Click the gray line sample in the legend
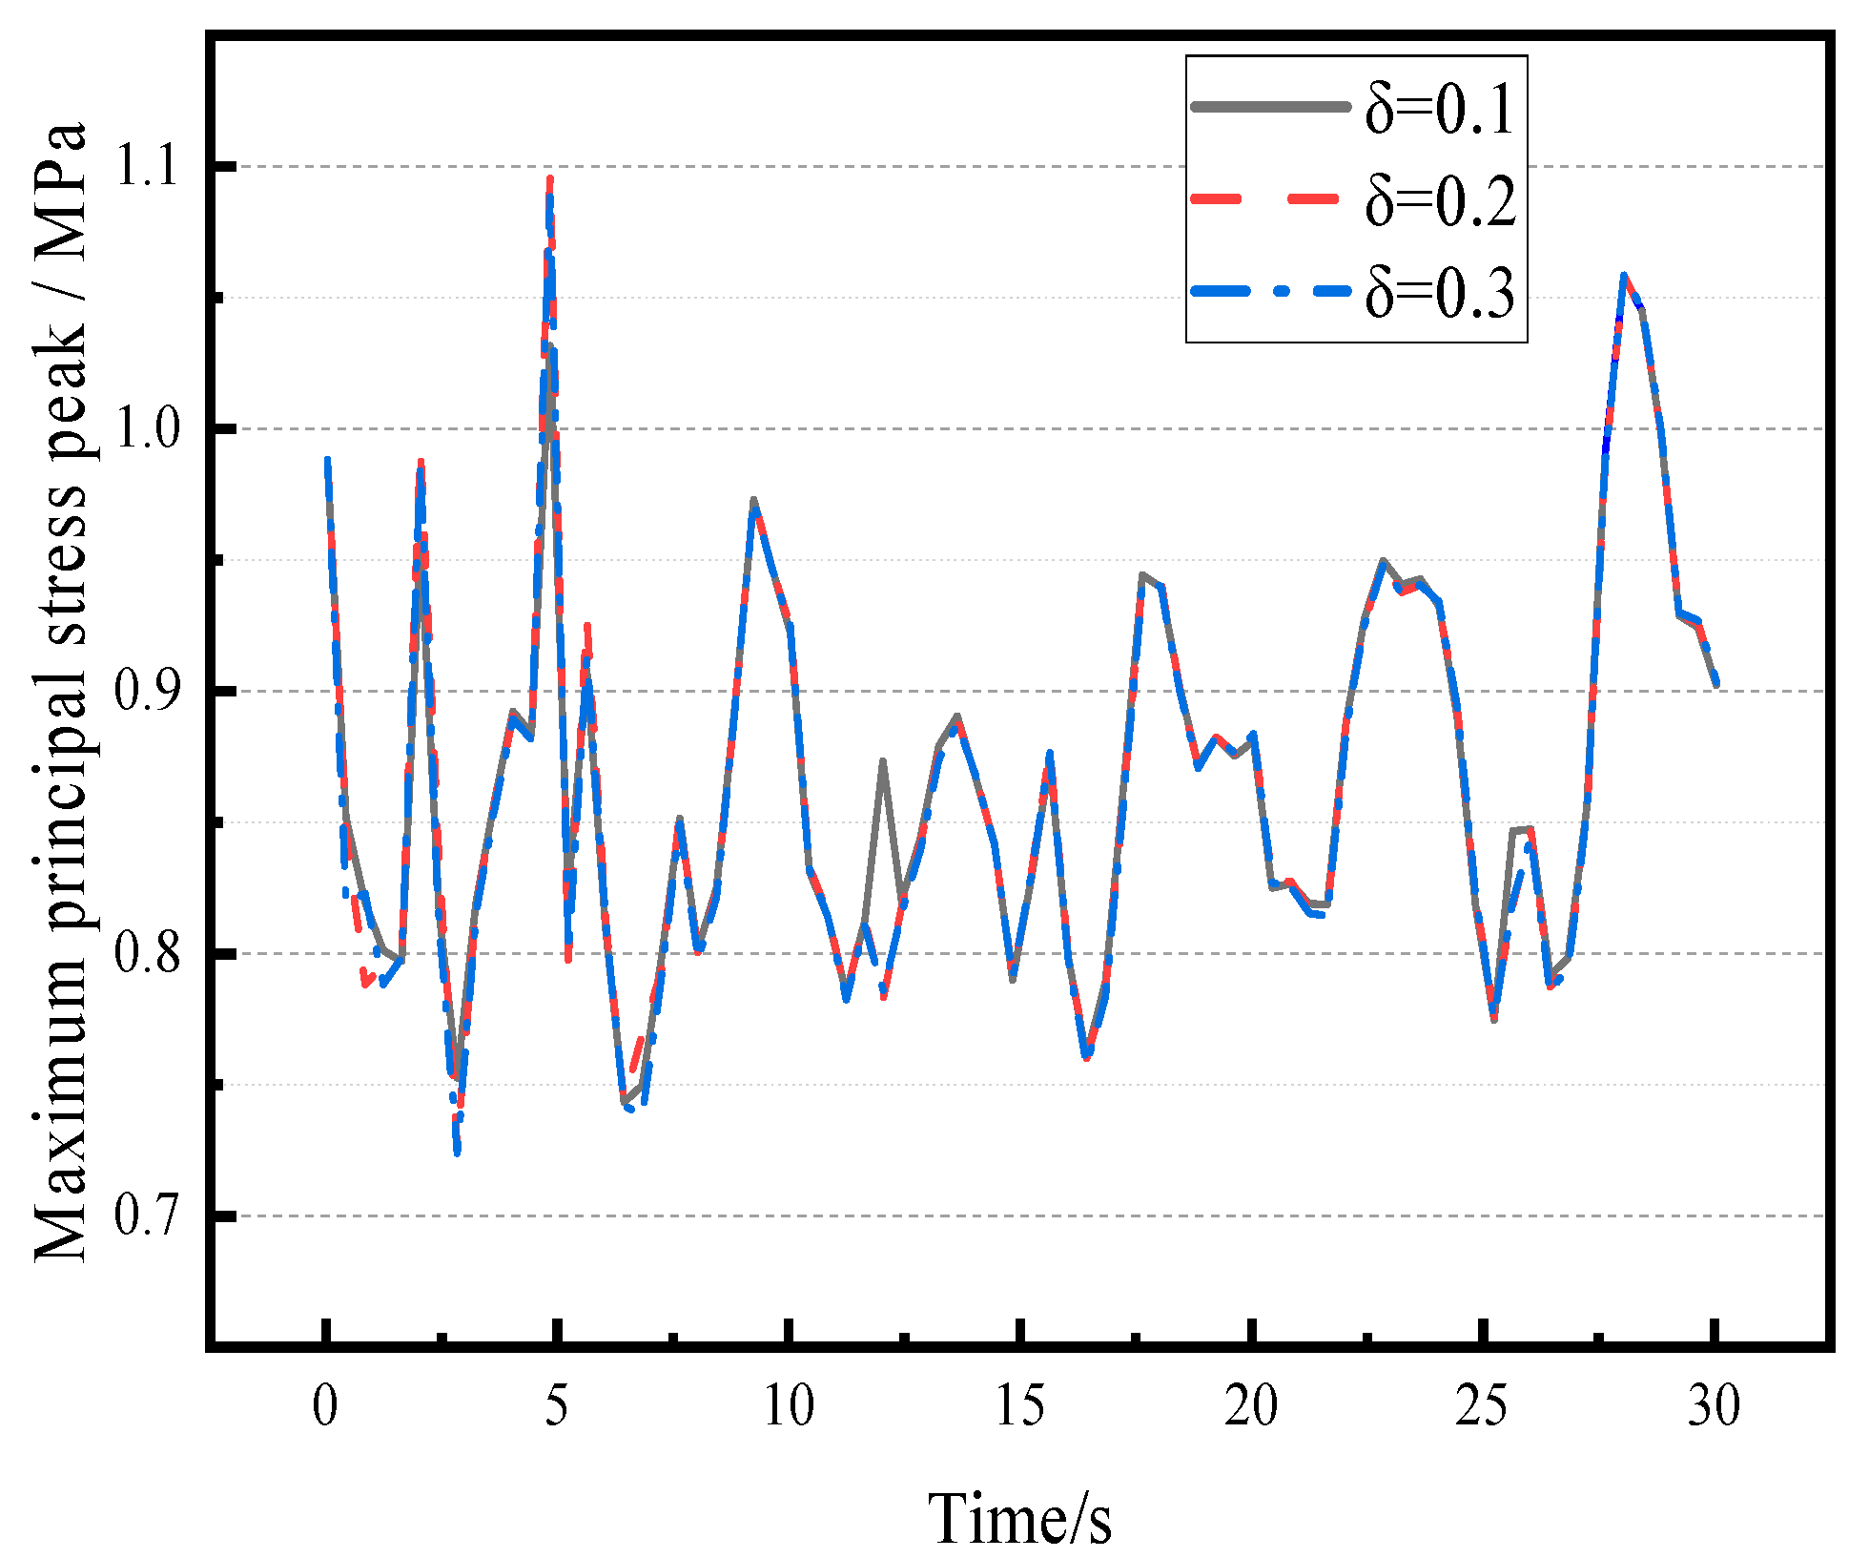(1271, 107)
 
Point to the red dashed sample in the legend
(1271, 198)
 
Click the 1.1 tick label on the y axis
(146, 165)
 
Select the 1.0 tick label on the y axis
(146, 428)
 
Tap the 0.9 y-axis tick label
(146, 691)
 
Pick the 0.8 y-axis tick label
(146, 953)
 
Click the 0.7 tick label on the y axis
(146, 1216)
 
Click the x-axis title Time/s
(1020, 1518)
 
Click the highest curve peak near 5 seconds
(550, 179)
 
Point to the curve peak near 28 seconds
(1624, 276)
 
